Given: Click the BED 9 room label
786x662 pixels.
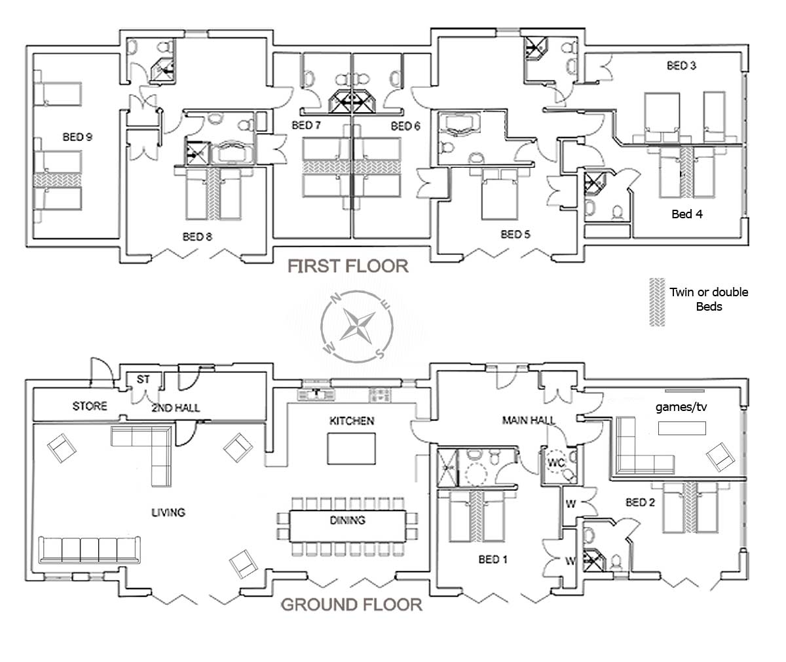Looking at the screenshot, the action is coord(77,137).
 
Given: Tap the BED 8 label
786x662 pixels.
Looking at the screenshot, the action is coord(197,237).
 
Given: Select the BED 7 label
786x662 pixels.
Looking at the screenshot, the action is coord(307,125).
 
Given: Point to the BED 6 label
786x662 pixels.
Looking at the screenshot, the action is coord(405,126).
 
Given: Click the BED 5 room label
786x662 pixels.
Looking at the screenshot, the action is coord(515,235).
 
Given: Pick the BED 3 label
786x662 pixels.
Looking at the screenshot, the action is coord(681,66).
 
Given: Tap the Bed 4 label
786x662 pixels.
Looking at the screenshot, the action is coord(687,214).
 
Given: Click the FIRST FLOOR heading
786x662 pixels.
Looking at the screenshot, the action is coord(348,266).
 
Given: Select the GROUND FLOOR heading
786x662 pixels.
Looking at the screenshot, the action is coord(352,605).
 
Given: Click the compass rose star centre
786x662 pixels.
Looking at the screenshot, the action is coord(357,326).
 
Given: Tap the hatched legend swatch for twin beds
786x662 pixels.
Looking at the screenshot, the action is coord(657,302).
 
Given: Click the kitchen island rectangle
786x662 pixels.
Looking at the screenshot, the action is coord(351,448).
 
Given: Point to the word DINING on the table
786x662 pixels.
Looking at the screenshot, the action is coord(347,520).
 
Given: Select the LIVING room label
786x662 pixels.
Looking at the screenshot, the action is coord(168,513).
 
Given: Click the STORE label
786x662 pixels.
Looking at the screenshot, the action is coord(90,406).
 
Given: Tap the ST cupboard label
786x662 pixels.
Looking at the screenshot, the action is coord(143,379).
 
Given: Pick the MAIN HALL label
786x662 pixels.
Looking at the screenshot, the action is coord(529,420).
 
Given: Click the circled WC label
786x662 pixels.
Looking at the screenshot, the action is coord(556,462).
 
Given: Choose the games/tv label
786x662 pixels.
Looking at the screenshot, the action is coord(681,407).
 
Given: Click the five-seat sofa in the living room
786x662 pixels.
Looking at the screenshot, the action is coord(90,550).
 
